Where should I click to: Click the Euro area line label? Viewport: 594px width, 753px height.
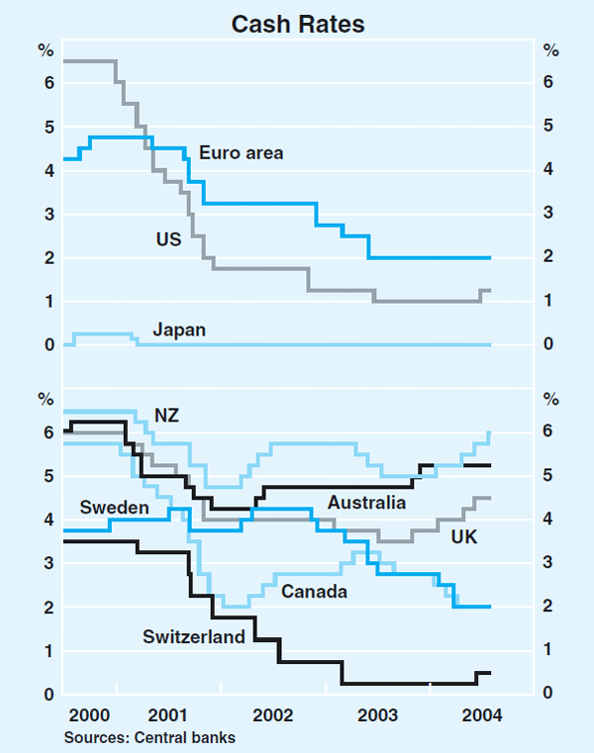pos(241,152)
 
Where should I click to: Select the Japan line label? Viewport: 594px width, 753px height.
pos(179,329)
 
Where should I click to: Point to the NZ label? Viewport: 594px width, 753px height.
pos(166,415)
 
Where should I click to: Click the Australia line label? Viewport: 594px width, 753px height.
pos(366,503)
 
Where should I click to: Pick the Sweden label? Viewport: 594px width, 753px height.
pos(114,508)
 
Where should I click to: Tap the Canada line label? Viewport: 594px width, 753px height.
pos(314,592)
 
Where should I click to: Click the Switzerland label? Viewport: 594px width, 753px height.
pos(193,637)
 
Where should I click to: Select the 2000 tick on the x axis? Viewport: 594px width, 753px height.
pos(90,714)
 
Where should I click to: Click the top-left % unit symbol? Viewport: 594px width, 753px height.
pos(45,50)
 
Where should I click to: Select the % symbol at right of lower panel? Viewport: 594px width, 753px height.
pos(551,399)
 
